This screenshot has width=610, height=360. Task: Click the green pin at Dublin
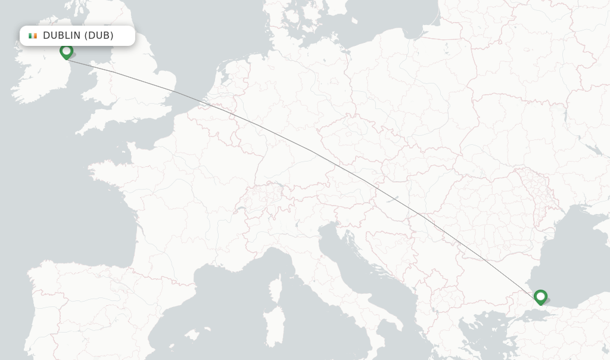coord(66,52)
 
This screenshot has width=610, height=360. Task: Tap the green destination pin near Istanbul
coord(540,297)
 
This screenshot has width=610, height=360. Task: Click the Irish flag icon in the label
coord(33,36)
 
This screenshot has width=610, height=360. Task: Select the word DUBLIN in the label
coord(62,36)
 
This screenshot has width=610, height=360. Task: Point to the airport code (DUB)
coord(99,36)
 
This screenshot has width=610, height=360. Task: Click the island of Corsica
coord(275,289)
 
